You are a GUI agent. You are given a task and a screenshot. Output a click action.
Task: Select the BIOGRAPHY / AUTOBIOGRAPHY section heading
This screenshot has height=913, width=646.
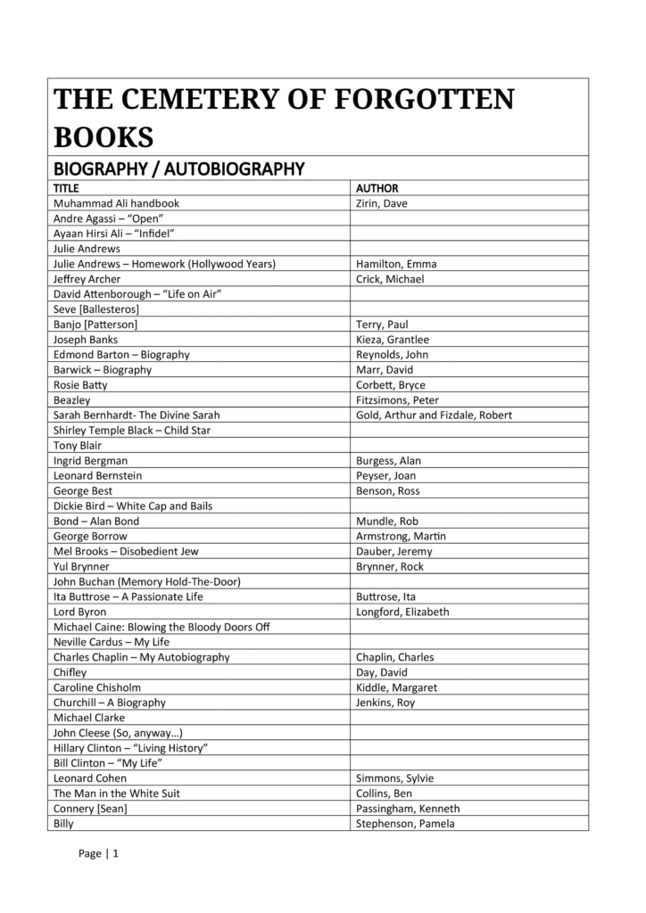(x=179, y=169)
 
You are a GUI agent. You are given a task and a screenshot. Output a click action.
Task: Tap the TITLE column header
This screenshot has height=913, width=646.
(x=66, y=188)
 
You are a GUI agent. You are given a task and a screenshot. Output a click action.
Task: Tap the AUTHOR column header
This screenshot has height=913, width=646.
(x=377, y=188)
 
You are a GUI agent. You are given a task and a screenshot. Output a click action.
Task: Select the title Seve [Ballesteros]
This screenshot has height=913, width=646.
(x=95, y=308)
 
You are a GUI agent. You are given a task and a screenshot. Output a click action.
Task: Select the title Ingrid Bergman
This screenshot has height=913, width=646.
(x=90, y=461)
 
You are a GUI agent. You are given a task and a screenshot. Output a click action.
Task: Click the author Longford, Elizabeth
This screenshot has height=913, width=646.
(x=402, y=612)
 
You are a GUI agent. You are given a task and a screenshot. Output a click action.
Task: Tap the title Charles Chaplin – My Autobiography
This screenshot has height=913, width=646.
(x=141, y=657)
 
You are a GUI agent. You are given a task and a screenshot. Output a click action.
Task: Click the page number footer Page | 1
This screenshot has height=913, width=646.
(x=98, y=853)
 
